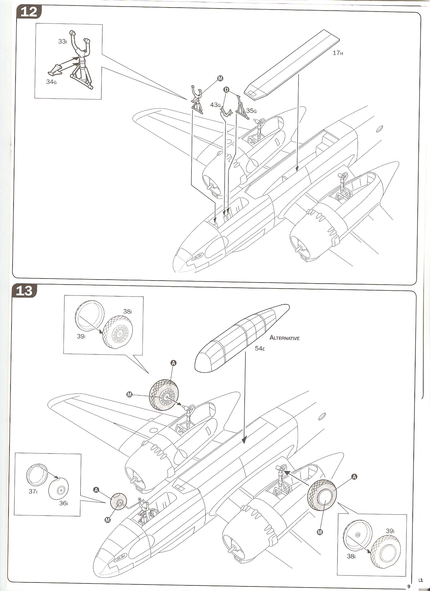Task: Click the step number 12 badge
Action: (x=29, y=12)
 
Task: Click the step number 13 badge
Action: (x=24, y=290)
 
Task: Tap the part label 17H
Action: (x=338, y=53)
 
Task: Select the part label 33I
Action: (x=62, y=41)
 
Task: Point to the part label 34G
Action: (x=51, y=82)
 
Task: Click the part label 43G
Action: (x=216, y=105)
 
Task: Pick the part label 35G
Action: (x=251, y=111)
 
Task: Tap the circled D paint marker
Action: (x=226, y=90)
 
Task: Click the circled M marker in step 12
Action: (x=220, y=78)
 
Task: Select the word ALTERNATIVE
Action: (x=284, y=338)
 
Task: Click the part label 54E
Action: (x=260, y=348)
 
